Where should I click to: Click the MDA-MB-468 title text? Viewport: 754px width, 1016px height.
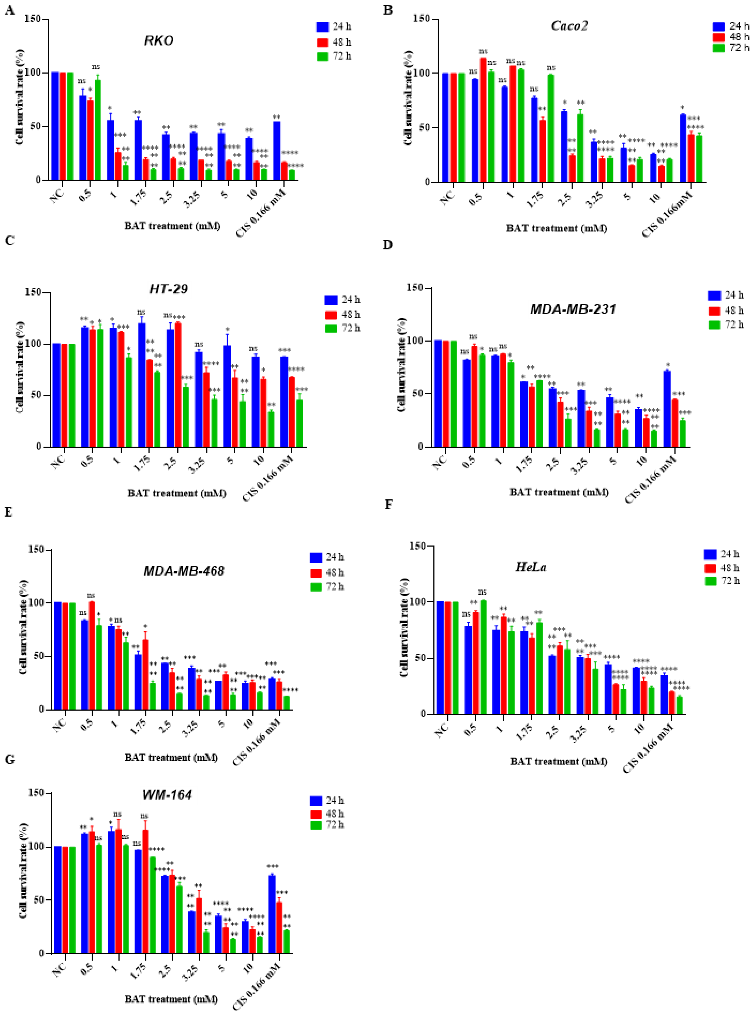184,571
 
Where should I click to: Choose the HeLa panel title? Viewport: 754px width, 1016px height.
531,567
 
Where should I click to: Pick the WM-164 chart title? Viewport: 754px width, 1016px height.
167,794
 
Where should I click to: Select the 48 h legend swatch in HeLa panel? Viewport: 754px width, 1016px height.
711,568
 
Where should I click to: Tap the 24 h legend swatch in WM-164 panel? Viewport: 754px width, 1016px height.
316,801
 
